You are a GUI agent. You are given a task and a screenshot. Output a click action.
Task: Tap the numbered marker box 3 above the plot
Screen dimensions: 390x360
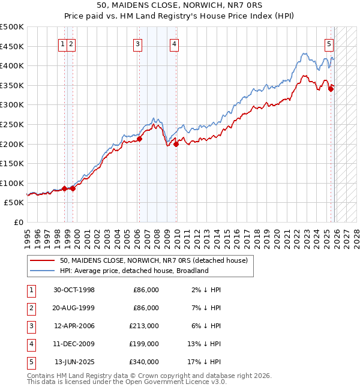point(138,43)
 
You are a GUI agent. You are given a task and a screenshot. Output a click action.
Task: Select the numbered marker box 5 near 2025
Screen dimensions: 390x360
point(329,43)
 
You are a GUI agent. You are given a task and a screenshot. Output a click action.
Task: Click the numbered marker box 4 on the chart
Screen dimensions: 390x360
point(174,43)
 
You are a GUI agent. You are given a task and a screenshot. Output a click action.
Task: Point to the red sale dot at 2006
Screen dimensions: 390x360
point(139,139)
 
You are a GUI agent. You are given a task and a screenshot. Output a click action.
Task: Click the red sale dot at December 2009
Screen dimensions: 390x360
point(176,144)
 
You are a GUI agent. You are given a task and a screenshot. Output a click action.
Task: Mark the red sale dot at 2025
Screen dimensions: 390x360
point(331,89)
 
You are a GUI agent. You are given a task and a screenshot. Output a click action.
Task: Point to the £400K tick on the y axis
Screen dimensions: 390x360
point(13,66)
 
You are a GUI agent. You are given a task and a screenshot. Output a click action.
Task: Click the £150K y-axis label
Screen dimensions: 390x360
point(13,163)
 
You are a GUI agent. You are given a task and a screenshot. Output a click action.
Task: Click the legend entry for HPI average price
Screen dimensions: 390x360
point(134,271)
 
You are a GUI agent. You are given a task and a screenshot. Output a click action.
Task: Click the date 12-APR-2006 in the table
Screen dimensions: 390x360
point(74,326)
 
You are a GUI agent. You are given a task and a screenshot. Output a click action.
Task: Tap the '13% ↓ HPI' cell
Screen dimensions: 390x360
point(204,344)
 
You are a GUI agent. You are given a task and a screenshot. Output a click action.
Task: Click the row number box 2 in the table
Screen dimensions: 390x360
point(31,308)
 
